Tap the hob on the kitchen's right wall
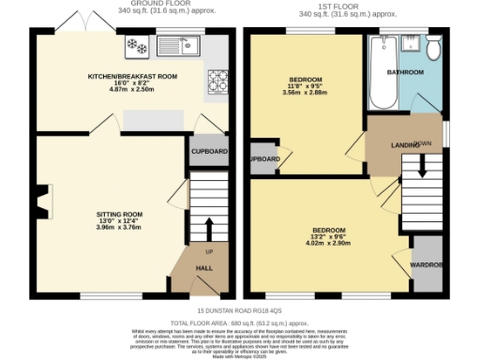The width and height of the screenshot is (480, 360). click(220, 76)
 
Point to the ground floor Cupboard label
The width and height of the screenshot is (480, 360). click(209, 150)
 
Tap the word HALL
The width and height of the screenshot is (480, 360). click(204, 269)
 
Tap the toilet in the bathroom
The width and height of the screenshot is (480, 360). click(433, 48)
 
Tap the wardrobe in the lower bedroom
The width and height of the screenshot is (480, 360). click(427, 265)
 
